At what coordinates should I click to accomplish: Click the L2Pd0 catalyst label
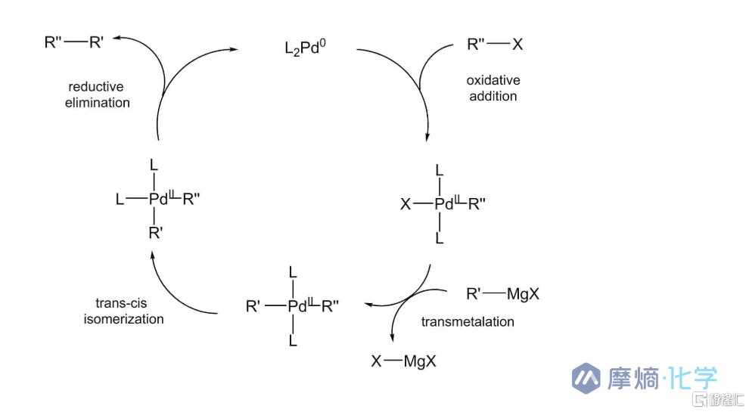[305, 48]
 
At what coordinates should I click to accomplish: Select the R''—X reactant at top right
[495, 45]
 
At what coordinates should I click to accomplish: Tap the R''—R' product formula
[74, 42]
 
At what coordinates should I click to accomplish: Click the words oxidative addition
[493, 88]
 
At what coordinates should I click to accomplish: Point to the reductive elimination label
[97, 94]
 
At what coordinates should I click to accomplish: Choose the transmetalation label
[468, 321]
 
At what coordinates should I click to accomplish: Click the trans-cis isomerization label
[123, 311]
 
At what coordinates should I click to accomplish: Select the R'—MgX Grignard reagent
[502, 293]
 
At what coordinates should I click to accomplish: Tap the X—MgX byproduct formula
[404, 361]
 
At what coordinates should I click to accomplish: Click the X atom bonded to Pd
[406, 204]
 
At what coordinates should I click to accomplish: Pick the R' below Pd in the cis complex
[156, 233]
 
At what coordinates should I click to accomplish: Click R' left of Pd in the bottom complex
[253, 306]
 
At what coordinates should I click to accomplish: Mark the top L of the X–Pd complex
[440, 170]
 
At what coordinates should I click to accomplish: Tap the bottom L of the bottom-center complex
[293, 340]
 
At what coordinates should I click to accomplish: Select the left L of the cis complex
[120, 199]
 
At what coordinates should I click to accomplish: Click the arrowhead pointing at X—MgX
[392, 337]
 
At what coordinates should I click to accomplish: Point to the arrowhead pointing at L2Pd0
[233, 48]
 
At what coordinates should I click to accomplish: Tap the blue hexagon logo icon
[586, 378]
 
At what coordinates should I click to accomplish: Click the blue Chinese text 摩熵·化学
[663, 378]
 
